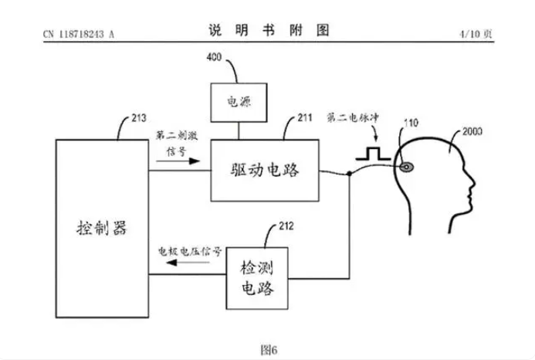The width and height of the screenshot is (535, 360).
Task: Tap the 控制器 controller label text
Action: click(x=102, y=228)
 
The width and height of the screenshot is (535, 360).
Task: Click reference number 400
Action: click(x=214, y=57)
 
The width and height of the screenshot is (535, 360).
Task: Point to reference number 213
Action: click(x=139, y=118)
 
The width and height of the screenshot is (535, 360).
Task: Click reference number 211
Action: click(x=305, y=118)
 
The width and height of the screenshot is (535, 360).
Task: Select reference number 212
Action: click(x=286, y=226)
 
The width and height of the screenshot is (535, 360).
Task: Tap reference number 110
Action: click(x=411, y=123)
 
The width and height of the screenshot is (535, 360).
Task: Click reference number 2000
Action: click(x=472, y=131)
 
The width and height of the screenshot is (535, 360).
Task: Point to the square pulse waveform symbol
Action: click(x=373, y=154)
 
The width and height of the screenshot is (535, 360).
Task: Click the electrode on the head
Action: click(x=407, y=167)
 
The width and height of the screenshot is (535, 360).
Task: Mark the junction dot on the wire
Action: click(x=350, y=174)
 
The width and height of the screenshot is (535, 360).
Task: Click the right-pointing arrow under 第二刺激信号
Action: click(x=178, y=161)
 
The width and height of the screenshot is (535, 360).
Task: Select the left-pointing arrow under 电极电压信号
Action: click(x=188, y=263)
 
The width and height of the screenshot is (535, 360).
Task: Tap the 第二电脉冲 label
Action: click(x=353, y=118)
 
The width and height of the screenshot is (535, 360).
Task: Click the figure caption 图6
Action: click(x=269, y=350)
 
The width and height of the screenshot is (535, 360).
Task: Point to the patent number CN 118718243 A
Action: click(x=79, y=34)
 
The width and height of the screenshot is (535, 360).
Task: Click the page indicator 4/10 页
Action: click(x=476, y=34)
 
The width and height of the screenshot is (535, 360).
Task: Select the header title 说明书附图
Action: click(x=269, y=30)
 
